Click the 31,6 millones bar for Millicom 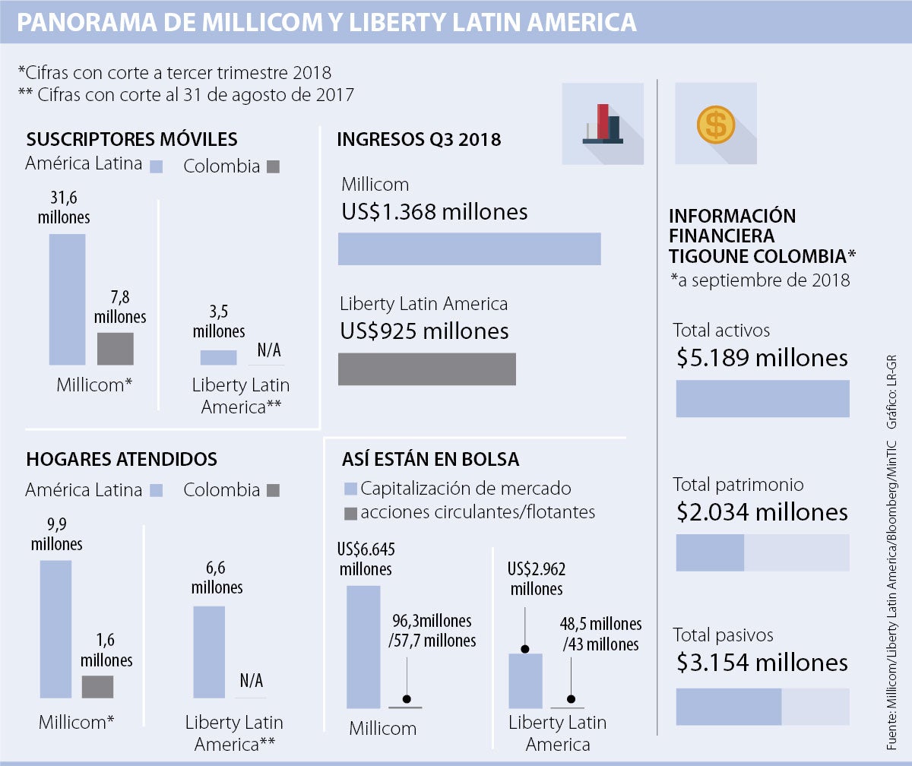click(67, 299)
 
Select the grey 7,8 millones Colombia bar click(116, 349)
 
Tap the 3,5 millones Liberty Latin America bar click(218, 357)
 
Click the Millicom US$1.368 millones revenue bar click(469, 249)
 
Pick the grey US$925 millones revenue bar click(426, 369)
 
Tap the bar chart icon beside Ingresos click(603, 124)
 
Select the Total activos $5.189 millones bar click(762, 398)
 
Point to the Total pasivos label click(723, 635)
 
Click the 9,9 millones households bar click(55, 628)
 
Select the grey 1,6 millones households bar click(97, 686)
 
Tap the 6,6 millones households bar click(209, 651)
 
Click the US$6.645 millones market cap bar click(363, 647)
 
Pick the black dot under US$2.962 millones click(524, 650)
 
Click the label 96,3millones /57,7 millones click(432, 631)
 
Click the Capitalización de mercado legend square click(350, 489)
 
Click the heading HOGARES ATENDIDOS click(122, 459)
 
